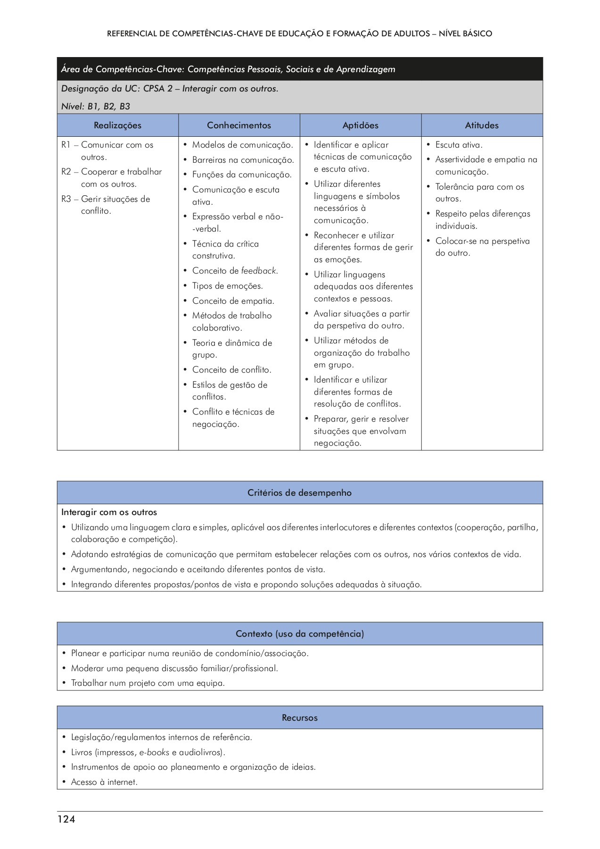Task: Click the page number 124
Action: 66,819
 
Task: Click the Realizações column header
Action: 117,125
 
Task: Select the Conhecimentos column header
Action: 239,125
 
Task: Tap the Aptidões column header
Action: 361,125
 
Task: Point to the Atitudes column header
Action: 482,125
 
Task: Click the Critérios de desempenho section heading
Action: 300,493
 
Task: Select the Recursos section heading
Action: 300,718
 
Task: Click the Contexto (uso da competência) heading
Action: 300,634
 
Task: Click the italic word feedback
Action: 259,271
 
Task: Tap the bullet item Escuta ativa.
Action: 459,145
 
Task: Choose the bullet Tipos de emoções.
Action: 227,286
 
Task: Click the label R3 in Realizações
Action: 66,199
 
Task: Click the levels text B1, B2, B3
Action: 108,107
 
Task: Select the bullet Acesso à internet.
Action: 104,782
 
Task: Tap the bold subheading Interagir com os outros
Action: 109,512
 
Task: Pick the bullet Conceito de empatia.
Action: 233,301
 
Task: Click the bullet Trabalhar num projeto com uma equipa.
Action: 148,683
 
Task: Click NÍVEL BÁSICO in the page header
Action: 466,34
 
